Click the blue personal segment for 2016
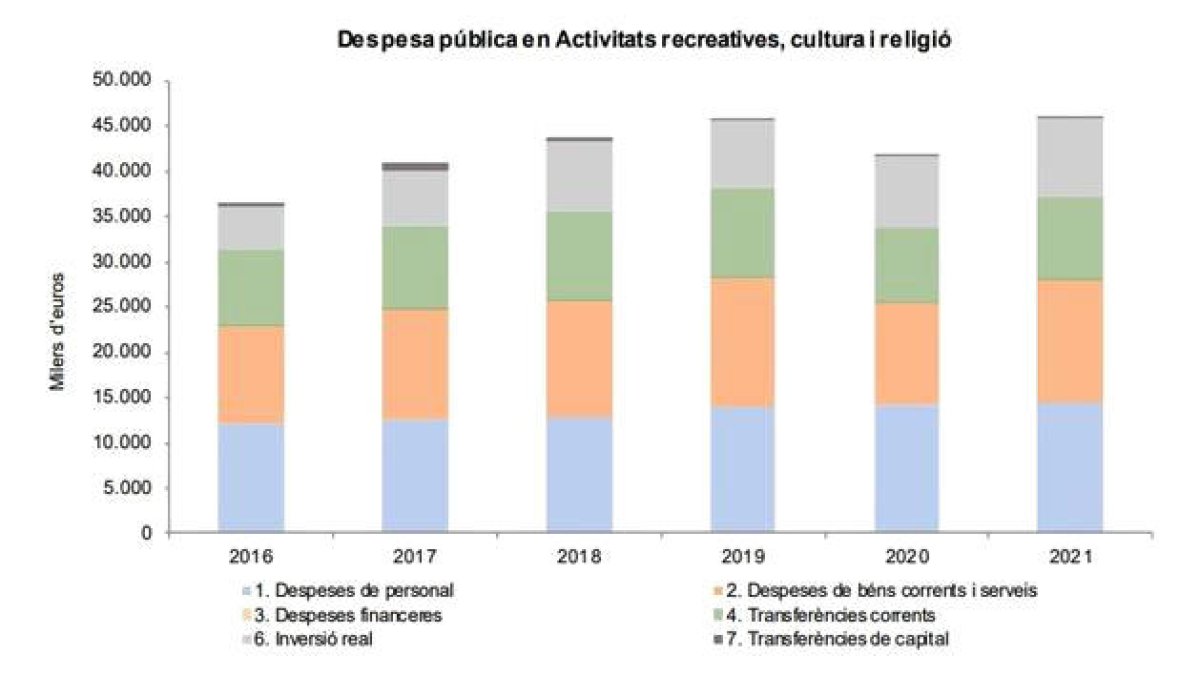[250, 477]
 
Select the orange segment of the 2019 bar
[743, 342]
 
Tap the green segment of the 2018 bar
[579, 256]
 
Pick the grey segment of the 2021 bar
[1070, 158]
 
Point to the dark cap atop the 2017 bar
[414, 166]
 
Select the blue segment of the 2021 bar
[1070, 467]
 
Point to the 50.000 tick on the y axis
[120, 80]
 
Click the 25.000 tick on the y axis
[120, 307]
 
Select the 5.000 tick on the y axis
[124, 489]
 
